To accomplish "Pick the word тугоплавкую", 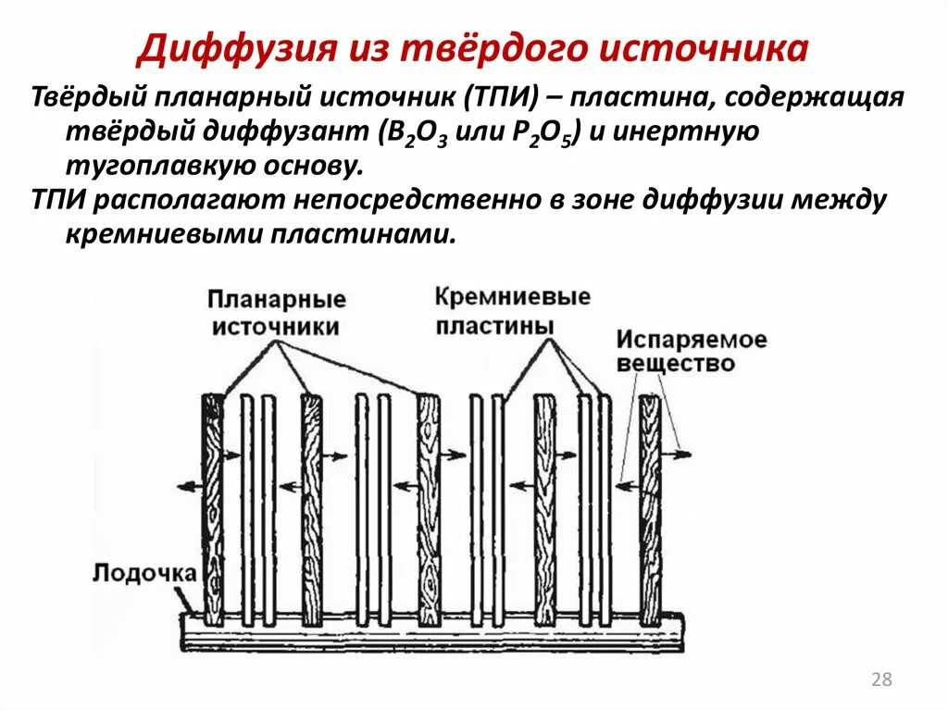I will tap(143, 167).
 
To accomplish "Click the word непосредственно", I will tap(451, 201).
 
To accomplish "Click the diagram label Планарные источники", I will tap(276, 313).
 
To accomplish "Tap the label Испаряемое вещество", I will tap(691, 351).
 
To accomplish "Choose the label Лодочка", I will tap(143, 572).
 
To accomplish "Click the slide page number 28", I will tap(881, 680).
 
